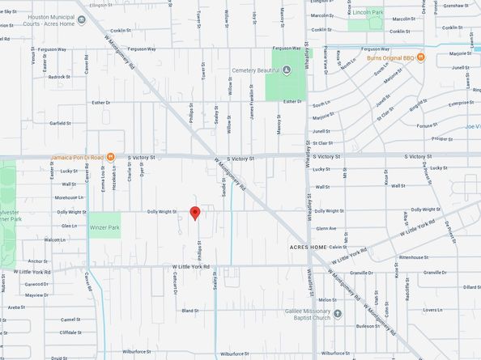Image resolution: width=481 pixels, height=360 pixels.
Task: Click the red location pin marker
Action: click(194, 213)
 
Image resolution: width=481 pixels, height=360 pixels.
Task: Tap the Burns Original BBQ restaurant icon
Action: click(421, 58)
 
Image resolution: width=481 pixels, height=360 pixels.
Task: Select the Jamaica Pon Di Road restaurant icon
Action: click(111, 157)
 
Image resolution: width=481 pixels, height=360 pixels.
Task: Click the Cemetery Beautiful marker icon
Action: click(287, 70)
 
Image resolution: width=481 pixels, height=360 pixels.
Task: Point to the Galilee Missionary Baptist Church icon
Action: click(337, 313)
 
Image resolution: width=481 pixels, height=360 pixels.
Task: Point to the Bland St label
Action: click(190, 310)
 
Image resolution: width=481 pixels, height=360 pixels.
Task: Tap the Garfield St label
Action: click(60, 124)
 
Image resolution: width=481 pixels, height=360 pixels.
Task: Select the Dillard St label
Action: click(471, 286)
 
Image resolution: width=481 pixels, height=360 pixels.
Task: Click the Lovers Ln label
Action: click(432, 310)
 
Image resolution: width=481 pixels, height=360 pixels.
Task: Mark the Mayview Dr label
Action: click(36, 295)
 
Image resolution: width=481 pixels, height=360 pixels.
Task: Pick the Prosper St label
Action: click(442, 138)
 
